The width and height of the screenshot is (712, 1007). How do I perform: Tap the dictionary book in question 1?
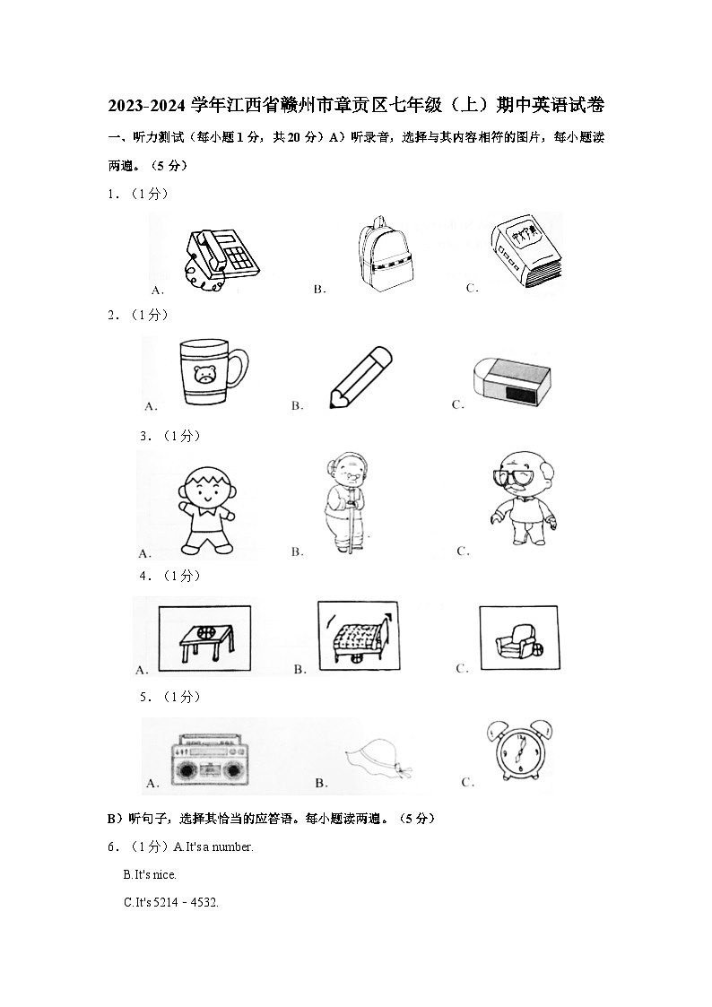[525, 253]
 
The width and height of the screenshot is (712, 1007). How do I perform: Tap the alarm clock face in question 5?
[518, 759]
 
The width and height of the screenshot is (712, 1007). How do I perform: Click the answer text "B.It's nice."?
[150, 874]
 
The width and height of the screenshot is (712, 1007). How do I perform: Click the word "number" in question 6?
[232, 846]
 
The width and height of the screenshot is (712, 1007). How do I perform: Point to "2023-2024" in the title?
[149, 106]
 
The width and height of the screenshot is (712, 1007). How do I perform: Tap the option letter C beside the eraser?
[457, 404]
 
